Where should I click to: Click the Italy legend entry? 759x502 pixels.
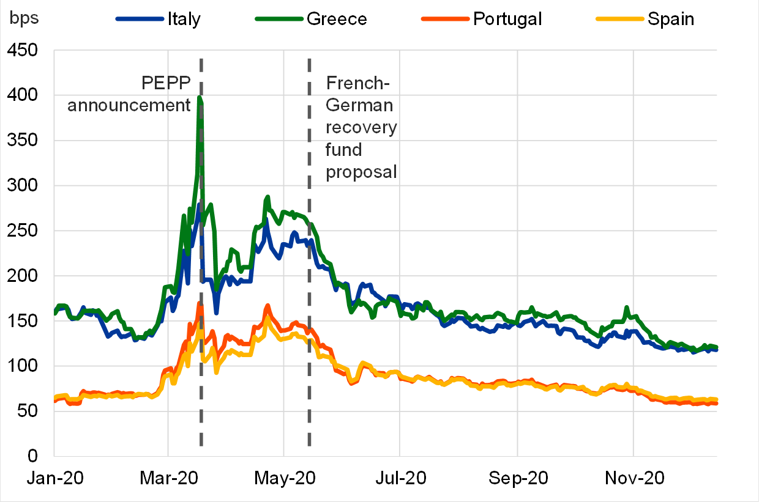coord(184,19)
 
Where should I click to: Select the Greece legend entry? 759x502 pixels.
coord(336,19)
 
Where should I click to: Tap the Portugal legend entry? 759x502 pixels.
coord(507,19)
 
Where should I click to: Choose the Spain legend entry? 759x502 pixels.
coord(671,19)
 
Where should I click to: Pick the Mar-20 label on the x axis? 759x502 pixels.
coord(168,478)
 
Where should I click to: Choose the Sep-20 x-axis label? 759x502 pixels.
coord(517,478)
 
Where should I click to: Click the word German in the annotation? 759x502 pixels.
coord(359,105)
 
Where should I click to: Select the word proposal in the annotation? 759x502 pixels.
coord(362,172)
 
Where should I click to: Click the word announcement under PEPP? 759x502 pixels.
coord(129,105)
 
